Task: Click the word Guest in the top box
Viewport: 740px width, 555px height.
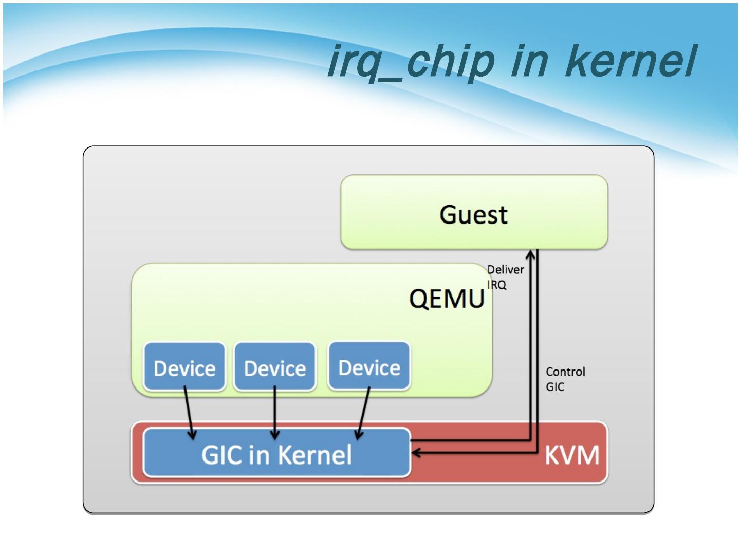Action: pos(473,214)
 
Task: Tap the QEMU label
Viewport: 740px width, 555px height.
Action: pos(447,299)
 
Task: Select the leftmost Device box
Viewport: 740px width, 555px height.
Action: pos(184,367)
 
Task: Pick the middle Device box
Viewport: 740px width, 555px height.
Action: pos(275,367)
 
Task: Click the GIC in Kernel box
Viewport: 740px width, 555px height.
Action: pos(276,453)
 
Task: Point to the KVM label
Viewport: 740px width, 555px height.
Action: pos(571,455)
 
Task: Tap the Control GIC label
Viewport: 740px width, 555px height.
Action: pos(565,379)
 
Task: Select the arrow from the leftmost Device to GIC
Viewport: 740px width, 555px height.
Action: pos(189,414)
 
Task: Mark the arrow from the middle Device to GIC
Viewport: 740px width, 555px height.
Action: pos(275,414)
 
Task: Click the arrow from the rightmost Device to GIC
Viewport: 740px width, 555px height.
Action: pos(363,414)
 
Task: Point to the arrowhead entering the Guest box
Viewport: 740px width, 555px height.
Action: pos(531,254)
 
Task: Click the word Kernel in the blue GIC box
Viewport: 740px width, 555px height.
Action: pos(314,454)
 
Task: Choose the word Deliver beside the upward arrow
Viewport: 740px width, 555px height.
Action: pos(505,269)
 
